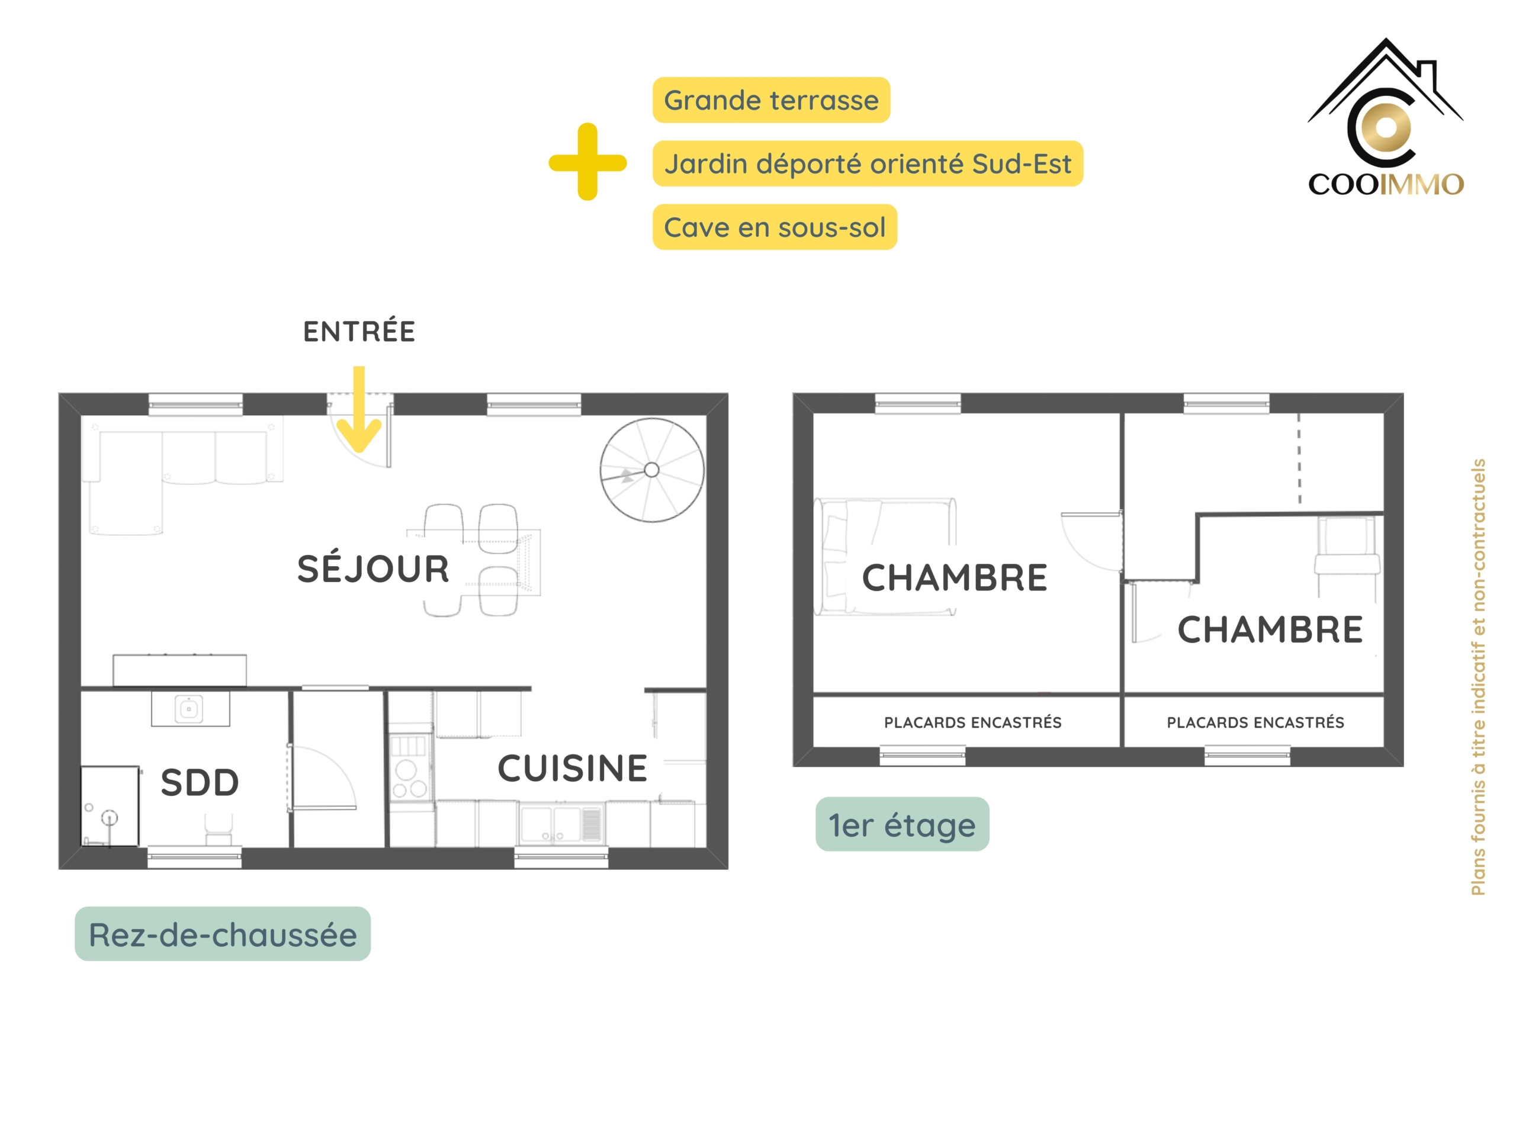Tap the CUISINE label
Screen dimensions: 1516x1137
(572, 768)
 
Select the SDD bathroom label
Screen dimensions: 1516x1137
(200, 783)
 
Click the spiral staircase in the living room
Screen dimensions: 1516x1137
(652, 470)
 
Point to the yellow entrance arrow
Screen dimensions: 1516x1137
(359, 409)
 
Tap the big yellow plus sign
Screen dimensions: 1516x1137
(587, 162)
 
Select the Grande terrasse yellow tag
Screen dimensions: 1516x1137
(771, 100)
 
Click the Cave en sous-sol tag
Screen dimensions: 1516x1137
(775, 227)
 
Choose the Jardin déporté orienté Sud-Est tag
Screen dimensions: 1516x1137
(868, 164)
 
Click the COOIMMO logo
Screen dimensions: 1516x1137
(1386, 117)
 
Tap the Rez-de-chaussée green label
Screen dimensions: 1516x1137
(223, 934)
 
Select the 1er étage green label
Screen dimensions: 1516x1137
(902, 824)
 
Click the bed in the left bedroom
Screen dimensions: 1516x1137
(885, 557)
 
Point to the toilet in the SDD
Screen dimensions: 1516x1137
(219, 829)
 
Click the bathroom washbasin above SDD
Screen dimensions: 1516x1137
(190, 709)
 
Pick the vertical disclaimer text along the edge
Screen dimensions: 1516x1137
(1478, 677)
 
